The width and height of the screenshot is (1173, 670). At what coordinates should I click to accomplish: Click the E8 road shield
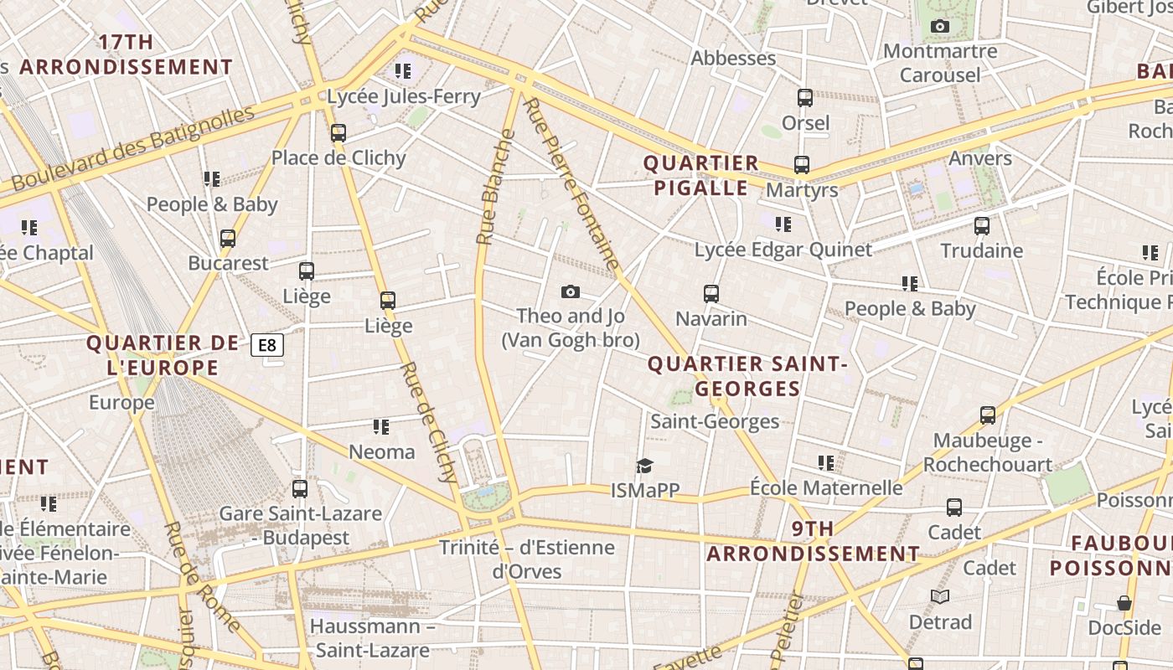[267, 344]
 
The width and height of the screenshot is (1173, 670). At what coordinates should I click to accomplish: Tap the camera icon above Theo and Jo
[571, 291]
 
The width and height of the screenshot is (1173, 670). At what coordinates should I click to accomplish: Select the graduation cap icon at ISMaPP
[644, 466]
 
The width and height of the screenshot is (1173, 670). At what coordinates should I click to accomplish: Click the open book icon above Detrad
[940, 596]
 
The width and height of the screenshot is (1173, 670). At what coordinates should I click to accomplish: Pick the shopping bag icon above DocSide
[1124, 603]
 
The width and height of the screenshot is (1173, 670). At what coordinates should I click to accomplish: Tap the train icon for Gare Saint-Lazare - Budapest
[300, 488]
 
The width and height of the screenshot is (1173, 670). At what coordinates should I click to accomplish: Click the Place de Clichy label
[338, 157]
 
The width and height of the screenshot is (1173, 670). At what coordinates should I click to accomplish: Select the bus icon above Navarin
[711, 293]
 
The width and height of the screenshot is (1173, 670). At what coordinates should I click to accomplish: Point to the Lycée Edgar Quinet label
[783, 250]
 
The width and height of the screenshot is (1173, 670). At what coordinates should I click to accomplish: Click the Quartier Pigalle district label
[700, 175]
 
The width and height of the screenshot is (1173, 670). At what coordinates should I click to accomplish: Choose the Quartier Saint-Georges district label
[747, 376]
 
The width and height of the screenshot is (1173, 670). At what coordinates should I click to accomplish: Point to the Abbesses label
[733, 58]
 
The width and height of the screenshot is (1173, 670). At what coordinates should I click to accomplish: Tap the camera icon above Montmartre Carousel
[940, 26]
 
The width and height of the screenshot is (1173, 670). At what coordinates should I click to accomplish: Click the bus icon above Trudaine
[982, 225]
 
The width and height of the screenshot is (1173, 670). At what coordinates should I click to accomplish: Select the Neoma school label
[381, 451]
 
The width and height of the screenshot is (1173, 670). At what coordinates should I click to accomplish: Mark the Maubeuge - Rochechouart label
[987, 452]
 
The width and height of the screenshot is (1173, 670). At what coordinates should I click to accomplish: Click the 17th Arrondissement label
[126, 54]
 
